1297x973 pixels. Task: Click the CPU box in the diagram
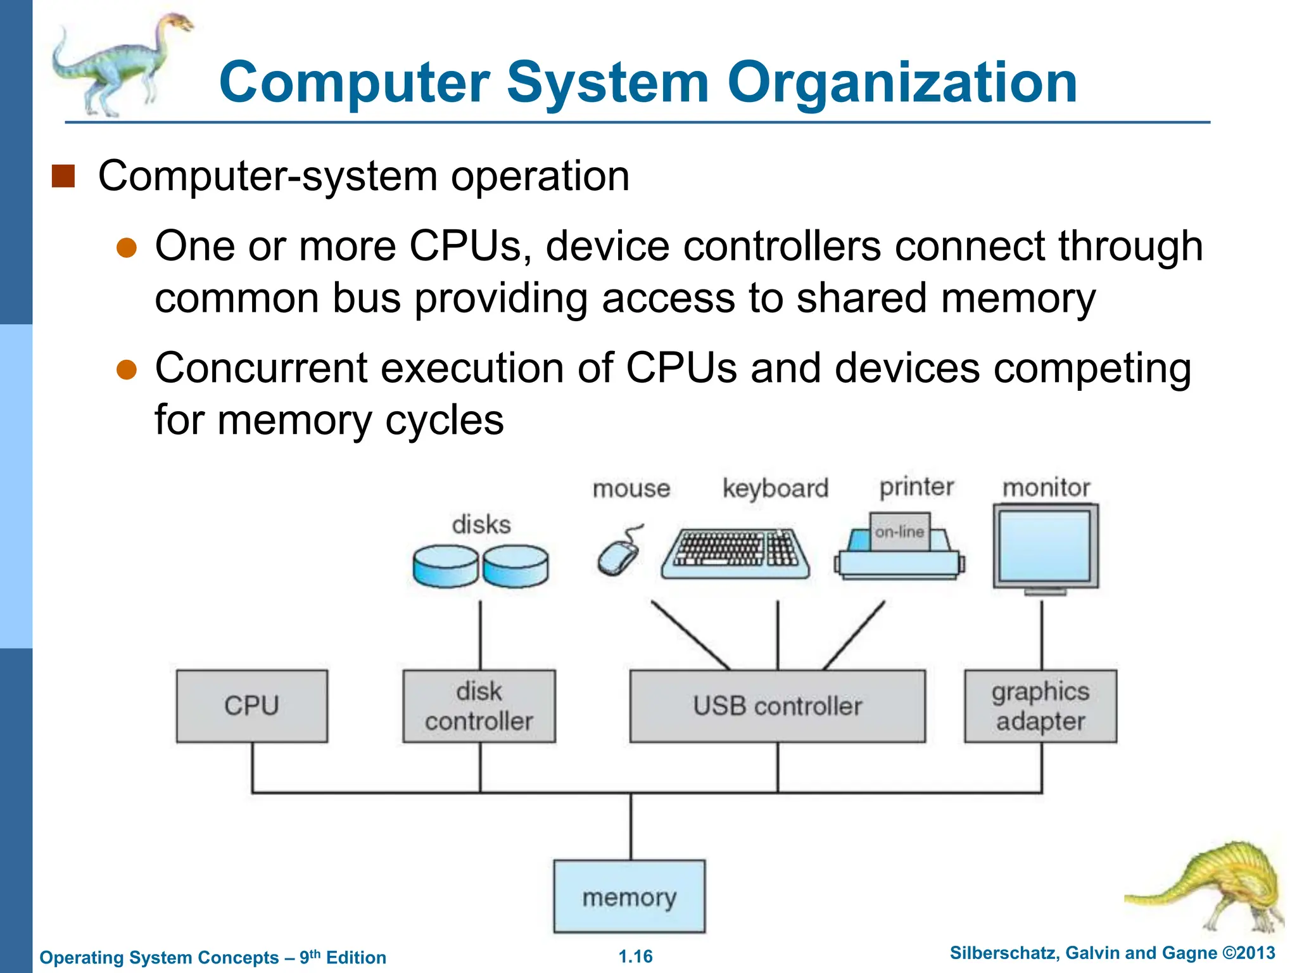(252, 706)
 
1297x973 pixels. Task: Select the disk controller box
(479, 706)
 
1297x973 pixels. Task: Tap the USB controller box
(777, 706)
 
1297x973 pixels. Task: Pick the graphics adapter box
(1041, 706)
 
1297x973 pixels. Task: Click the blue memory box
(630, 896)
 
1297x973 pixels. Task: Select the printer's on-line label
(899, 532)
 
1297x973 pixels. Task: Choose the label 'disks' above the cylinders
(481, 525)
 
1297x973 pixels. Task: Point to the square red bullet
(63, 177)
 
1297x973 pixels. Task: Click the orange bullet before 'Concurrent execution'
(127, 369)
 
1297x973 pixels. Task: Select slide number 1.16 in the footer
(635, 957)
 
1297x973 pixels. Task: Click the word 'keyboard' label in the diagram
(775, 488)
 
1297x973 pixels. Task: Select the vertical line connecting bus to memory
(631, 827)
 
